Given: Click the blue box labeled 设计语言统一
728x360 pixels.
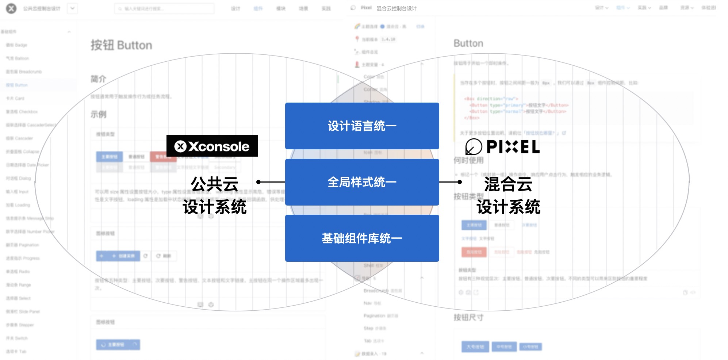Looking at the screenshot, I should coord(362,126).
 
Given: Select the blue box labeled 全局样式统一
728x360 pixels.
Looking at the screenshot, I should coord(362,182).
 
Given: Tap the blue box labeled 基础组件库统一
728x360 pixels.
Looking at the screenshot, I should coord(362,238).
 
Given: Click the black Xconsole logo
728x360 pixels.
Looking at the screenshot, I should coord(212,146).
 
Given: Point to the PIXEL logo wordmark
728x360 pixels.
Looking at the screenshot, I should coord(513,147).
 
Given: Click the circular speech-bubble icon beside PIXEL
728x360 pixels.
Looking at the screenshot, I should coord(474,147).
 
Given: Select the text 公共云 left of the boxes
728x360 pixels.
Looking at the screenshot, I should coord(215,184).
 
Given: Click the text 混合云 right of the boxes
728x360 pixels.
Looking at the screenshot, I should coord(508,184).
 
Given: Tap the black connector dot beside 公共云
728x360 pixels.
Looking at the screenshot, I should coord(258,182).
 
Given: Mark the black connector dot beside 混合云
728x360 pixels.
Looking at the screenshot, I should coord(460,182).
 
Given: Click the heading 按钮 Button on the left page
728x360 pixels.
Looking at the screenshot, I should coord(121,45).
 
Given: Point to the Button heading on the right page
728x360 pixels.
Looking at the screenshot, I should coord(468,43).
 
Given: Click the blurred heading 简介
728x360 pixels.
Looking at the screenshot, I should coord(98,79).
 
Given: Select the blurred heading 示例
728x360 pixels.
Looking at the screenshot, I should coord(98,114).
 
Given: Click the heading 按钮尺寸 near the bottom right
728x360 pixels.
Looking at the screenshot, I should coord(468,318).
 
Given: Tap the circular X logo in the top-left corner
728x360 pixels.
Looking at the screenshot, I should coord(11,8).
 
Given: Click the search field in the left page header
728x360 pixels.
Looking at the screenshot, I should coord(164,8).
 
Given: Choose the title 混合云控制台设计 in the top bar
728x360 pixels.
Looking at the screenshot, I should coord(396,8).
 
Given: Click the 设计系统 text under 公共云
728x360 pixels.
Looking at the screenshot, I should coord(215,207).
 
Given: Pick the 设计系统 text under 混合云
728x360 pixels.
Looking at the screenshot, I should coord(508,207).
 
